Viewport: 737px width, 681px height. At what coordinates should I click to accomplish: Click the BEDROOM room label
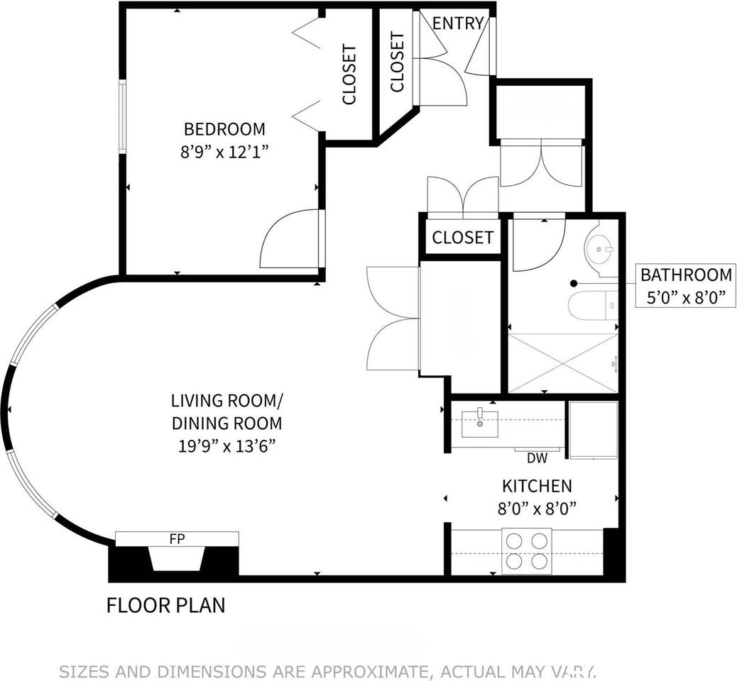224,128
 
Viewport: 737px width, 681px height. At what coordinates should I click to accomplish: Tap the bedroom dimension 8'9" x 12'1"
224,152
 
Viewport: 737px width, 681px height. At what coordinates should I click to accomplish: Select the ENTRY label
458,23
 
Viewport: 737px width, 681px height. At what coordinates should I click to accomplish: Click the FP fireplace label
177,539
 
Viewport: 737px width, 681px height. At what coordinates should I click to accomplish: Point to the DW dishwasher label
537,458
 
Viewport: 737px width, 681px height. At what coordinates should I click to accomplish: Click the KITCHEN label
537,486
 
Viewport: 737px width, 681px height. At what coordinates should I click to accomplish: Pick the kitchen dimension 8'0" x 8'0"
537,508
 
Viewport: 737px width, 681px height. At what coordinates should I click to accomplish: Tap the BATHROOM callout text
687,275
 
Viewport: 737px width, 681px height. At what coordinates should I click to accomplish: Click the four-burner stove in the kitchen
527,551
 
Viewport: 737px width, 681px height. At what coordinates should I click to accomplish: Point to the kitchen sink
479,423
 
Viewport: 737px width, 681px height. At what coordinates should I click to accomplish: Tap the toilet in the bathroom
592,306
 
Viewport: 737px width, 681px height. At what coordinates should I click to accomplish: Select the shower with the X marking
563,362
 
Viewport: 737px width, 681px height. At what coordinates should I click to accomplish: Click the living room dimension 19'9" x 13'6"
226,445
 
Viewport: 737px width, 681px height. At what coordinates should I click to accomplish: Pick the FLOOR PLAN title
166,605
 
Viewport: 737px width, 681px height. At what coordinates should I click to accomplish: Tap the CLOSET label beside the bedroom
349,74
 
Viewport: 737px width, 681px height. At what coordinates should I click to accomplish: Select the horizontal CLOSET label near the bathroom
462,238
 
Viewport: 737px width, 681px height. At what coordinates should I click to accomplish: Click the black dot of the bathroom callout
574,283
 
